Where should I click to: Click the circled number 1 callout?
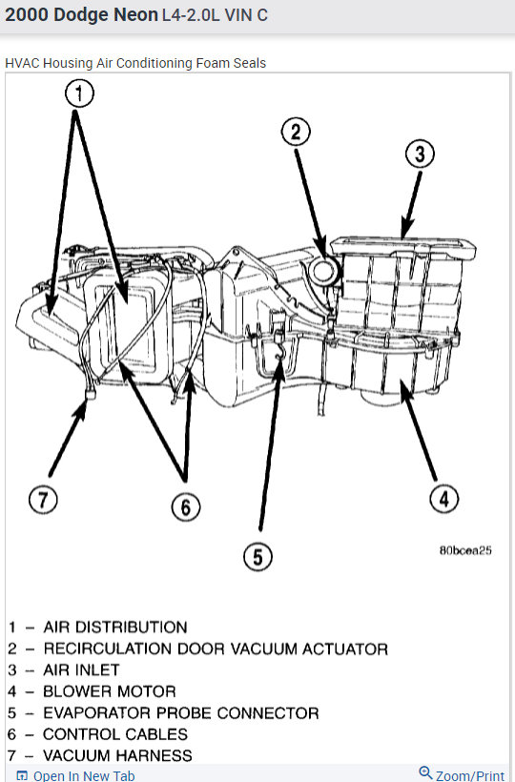click(80, 93)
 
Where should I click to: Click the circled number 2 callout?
click(297, 133)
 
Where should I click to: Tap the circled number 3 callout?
click(419, 154)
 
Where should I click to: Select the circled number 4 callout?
click(443, 498)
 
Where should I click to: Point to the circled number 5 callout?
click(258, 556)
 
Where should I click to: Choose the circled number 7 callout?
click(43, 500)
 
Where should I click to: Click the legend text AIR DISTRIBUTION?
click(115, 628)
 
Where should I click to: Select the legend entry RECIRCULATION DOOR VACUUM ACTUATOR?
click(216, 648)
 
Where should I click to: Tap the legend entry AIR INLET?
click(81, 670)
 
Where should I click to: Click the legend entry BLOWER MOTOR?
click(110, 691)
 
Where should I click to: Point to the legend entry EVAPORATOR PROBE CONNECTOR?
click(181, 712)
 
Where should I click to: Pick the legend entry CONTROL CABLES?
click(115, 734)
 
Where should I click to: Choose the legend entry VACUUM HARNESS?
click(117, 755)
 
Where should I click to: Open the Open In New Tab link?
click(83, 775)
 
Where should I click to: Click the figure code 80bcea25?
click(465, 550)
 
